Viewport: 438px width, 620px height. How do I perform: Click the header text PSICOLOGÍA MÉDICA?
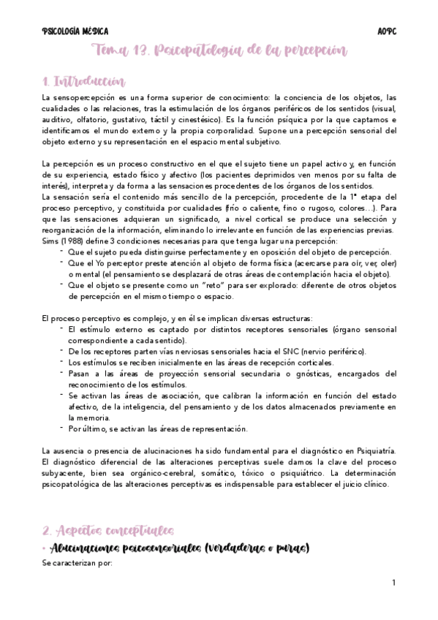coord(75,31)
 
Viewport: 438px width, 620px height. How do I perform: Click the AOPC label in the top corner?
coord(387,31)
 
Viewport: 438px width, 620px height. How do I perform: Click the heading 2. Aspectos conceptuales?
coord(107,529)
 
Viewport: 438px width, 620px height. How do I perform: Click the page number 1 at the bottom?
coord(393,583)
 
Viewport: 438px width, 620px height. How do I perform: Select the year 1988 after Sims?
coord(72,241)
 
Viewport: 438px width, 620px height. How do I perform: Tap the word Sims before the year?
coord(50,241)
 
